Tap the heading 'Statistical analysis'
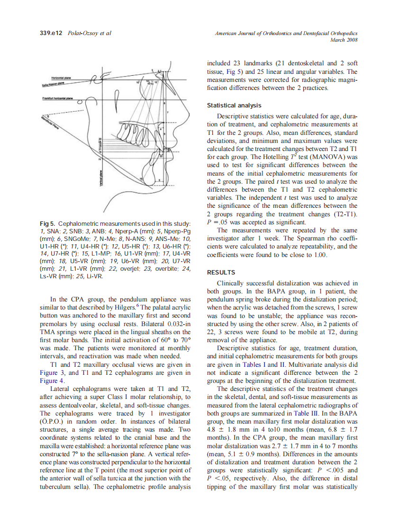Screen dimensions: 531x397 234,106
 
